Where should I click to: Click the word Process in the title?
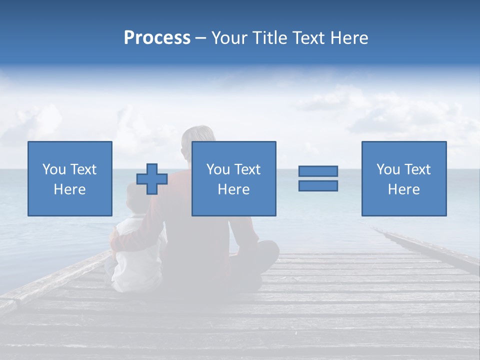coord(157,38)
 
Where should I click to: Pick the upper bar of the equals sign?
coord(318,171)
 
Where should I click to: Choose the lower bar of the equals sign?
coord(318,186)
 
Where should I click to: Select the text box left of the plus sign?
coord(69,178)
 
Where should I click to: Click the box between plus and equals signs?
coord(233,178)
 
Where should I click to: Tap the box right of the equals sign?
coord(403,178)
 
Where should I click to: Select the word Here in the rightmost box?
coord(403,189)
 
